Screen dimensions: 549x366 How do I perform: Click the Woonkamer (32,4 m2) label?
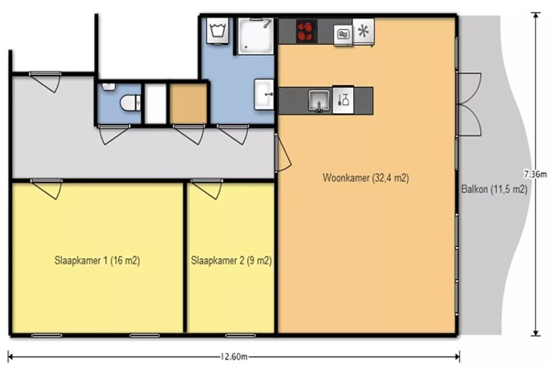365,178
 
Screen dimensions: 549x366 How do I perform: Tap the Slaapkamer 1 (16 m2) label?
97,261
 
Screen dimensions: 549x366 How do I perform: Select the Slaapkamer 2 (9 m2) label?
231,261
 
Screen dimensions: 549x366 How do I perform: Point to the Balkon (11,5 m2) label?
494,189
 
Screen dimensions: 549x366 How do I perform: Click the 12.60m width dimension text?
233,357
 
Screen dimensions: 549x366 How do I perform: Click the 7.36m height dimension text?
535,174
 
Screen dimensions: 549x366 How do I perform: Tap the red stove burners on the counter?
307,31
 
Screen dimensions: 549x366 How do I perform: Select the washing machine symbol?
218,31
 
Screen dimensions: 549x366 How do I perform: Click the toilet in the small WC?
130,103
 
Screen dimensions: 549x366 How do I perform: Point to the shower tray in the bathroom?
255,36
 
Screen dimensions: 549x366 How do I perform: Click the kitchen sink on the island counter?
319,101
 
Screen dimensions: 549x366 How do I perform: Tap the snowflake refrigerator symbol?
363,31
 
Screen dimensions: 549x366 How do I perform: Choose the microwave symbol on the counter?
343,35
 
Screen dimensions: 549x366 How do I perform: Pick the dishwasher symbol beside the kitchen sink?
343,100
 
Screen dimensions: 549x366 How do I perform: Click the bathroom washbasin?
264,94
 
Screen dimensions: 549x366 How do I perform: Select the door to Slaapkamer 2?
208,188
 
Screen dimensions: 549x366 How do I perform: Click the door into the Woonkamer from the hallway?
282,153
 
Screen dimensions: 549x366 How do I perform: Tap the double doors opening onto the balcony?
469,104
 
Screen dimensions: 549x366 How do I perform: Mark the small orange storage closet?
188,103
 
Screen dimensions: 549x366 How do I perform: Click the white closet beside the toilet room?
156,103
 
